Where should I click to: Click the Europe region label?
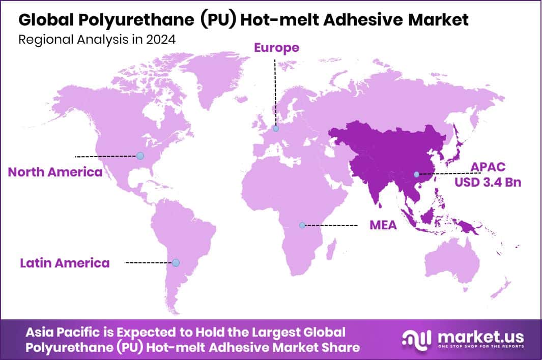277,48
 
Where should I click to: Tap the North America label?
55,172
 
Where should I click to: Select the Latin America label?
65,263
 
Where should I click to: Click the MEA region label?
383,225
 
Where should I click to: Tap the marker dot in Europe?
275,129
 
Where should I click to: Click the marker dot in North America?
140,156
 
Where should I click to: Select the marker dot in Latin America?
176,263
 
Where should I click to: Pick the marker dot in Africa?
302,225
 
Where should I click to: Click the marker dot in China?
417,174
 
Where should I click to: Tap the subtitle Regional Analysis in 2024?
97,40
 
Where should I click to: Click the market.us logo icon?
416,339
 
